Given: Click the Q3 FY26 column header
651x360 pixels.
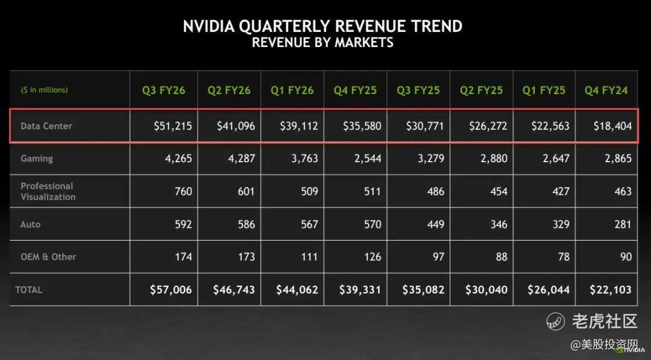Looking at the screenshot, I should click(x=163, y=90).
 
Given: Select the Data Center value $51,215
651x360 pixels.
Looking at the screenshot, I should click(x=172, y=126).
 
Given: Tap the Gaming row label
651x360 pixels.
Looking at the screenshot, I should click(x=37, y=159).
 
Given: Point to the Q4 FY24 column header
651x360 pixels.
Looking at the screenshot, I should click(x=606, y=90).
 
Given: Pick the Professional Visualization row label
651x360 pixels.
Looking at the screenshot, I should click(x=48, y=191).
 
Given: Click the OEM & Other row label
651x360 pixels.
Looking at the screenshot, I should click(x=48, y=256).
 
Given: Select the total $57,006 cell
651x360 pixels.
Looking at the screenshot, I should click(x=171, y=289).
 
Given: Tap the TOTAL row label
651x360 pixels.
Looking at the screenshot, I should click(x=29, y=290).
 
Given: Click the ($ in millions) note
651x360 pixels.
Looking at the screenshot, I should click(x=44, y=90).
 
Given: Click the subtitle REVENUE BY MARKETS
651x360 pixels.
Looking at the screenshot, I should click(x=322, y=42).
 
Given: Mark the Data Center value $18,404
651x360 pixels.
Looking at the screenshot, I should click(x=612, y=126).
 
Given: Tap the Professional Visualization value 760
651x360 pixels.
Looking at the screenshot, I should click(x=183, y=191).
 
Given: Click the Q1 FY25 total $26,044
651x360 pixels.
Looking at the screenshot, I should click(x=549, y=289).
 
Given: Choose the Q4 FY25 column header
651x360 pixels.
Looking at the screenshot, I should click(x=355, y=90).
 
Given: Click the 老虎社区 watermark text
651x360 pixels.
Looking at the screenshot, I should click(x=604, y=321).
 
